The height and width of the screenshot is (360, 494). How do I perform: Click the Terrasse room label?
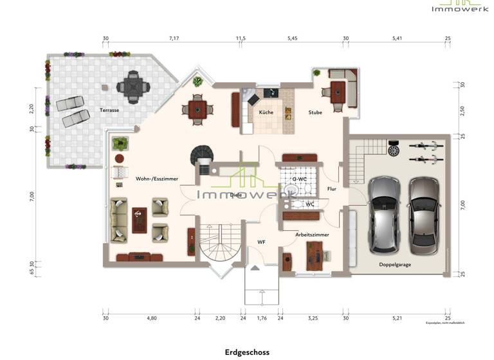click(x=109, y=110)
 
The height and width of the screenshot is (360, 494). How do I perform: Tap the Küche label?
click(x=266, y=112)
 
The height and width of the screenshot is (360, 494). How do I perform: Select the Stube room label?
click(x=315, y=112)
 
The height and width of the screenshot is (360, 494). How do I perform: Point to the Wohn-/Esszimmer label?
click(x=157, y=178)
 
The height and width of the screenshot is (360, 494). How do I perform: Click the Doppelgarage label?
click(x=395, y=264)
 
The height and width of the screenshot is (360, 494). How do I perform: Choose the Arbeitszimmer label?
click(x=312, y=235)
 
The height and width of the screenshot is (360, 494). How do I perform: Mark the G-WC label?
click(x=298, y=179)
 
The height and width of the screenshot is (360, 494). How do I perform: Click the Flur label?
click(x=332, y=189)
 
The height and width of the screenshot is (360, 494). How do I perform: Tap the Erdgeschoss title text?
click(x=247, y=352)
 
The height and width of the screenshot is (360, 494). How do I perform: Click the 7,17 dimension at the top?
click(x=174, y=39)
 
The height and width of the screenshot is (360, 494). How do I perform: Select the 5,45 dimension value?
click(x=292, y=39)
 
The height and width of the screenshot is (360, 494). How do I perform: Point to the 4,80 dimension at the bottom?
click(x=152, y=318)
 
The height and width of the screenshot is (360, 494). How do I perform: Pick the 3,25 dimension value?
click(x=313, y=318)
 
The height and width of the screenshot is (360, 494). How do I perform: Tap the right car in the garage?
click(x=425, y=212)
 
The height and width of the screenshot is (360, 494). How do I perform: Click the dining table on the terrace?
click(x=133, y=87)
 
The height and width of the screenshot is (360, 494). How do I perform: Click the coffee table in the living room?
click(x=139, y=220)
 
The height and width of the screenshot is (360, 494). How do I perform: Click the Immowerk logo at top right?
click(x=454, y=6)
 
